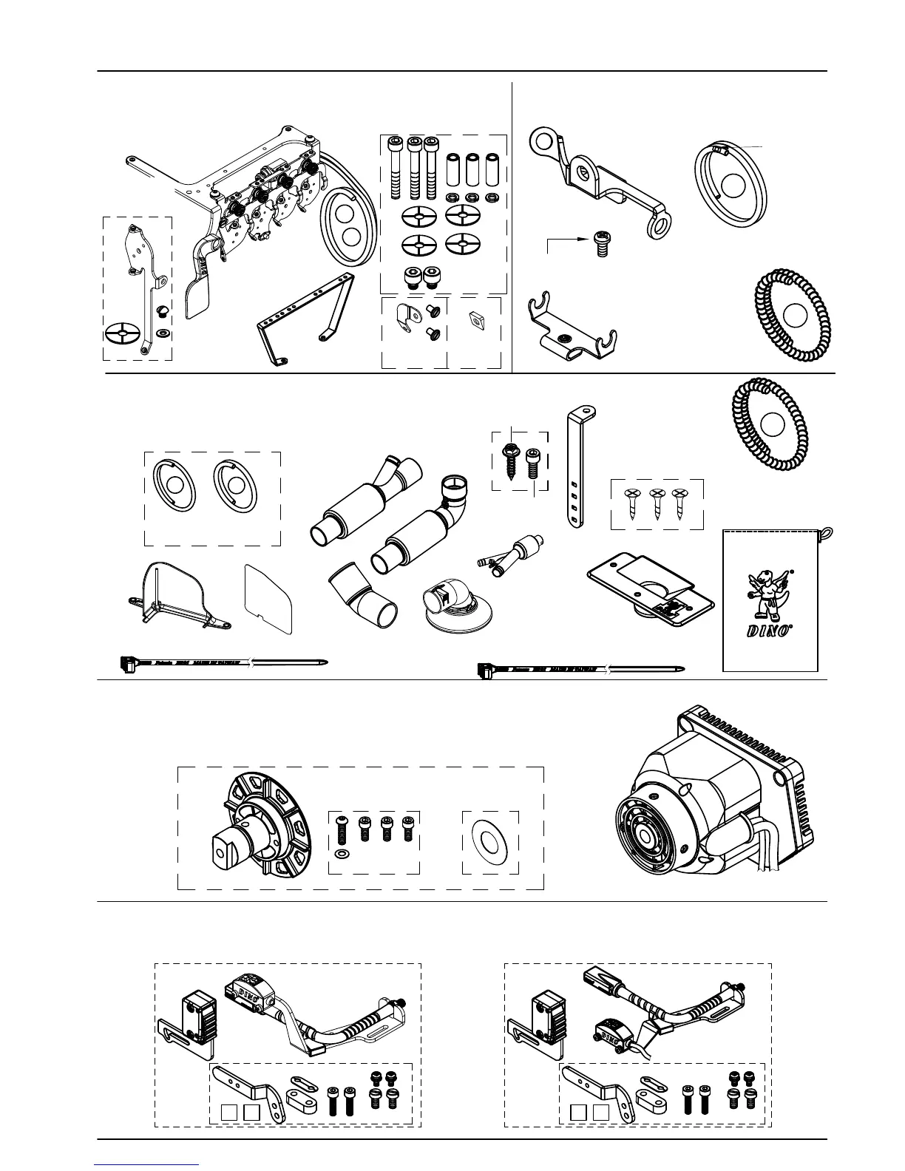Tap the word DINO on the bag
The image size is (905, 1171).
point(769,631)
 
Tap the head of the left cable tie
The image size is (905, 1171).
point(127,662)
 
